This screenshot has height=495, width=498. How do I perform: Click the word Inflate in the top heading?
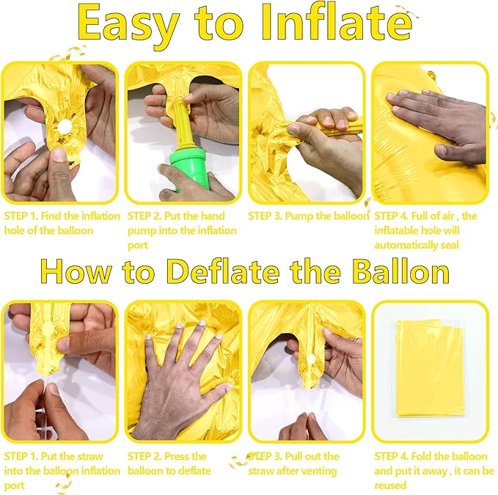tap(337, 23)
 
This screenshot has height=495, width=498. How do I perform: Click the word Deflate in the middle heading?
tap(223, 272)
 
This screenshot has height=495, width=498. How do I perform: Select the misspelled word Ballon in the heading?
tap(400, 272)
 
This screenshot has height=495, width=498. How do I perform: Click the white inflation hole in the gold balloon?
tap(65, 126)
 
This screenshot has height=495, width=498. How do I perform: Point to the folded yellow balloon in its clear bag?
tap(429, 368)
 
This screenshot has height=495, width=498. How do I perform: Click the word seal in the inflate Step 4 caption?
tap(450, 245)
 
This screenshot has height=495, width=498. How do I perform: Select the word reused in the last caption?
tap(390, 485)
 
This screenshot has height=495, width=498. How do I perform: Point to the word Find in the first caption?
tap(51, 216)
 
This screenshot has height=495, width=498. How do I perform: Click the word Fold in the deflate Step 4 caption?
tap(421, 456)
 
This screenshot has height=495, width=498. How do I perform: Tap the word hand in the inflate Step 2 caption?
tap(213, 216)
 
